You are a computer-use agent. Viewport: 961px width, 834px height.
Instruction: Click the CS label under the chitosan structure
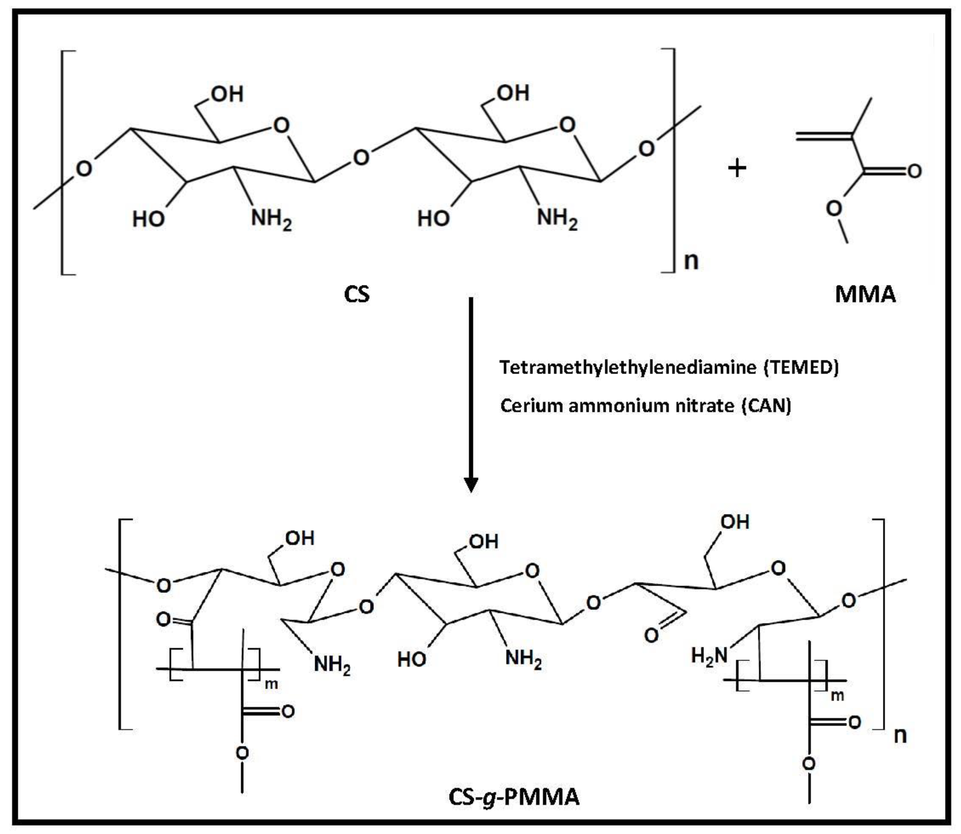click(357, 294)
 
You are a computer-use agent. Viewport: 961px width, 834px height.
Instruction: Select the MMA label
click(865, 294)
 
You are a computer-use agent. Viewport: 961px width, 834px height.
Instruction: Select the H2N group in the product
click(709, 656)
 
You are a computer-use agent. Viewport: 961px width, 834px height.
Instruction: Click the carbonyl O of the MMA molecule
click(914, 171)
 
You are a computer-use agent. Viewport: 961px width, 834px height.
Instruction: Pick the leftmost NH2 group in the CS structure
click(271, 218)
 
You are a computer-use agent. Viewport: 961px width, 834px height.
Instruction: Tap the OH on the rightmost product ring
click(734, 522)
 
